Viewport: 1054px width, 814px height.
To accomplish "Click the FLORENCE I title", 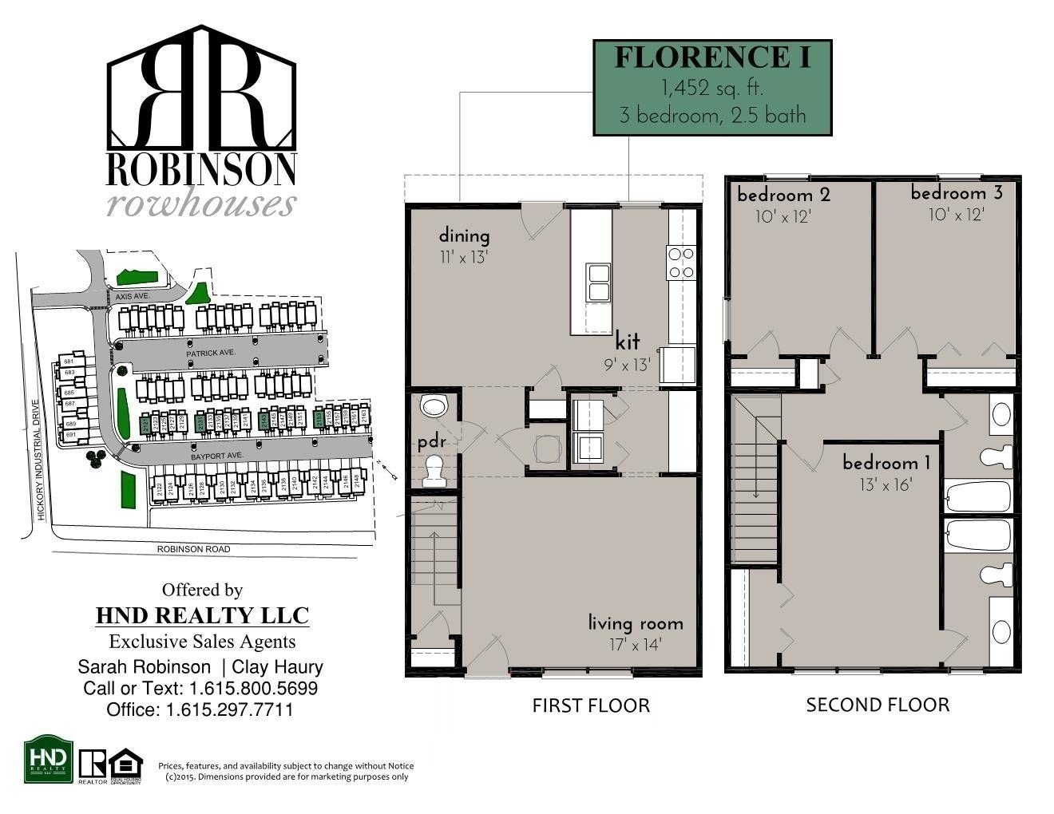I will pyautogui.click(x=711, y=57).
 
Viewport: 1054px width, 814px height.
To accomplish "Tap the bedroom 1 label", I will pyautogui.click(x=886, y=463).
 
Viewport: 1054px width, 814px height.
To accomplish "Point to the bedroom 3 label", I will pyautogui.click(x=957, y=193).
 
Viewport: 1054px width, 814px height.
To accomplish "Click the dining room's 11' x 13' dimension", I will pyautogui.click(x=463, y=257).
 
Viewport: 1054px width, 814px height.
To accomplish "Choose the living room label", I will pyautogui.click(x=636, y=623).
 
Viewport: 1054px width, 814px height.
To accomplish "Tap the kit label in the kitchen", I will pyautogui.click(x=628, y=342).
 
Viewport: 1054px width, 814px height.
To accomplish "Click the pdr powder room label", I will pyautogui.click(x=431, y=442).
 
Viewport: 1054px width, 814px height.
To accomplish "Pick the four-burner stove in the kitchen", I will pyautogui.click(x=681, y=263).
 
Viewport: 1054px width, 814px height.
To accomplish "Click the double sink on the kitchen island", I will pyautogui.click(x=598, y=282).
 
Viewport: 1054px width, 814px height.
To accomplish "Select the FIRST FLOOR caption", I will pyautogui.click(x=591, y=705).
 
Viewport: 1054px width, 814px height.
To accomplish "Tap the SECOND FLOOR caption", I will pyautogui.click(x=878, y=705).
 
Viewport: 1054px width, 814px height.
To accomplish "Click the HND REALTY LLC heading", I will pyautogui.click(x=202, y=615).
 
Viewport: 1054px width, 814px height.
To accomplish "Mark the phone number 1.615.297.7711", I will pyautogui.click(x=229, y=709).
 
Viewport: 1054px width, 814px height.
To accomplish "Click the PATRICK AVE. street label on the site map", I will pyautogui.click(x=211, y=353).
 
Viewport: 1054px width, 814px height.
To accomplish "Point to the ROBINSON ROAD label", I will pyautogui.click(x=193, y=549).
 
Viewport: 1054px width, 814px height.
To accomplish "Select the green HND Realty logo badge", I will pyautogui.click(x=49, y=759).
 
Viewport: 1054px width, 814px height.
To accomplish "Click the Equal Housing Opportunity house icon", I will pyautogui.click(x=125, y=763).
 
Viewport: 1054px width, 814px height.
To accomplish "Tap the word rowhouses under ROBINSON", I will pyautogui.click(x=201, y=203).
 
